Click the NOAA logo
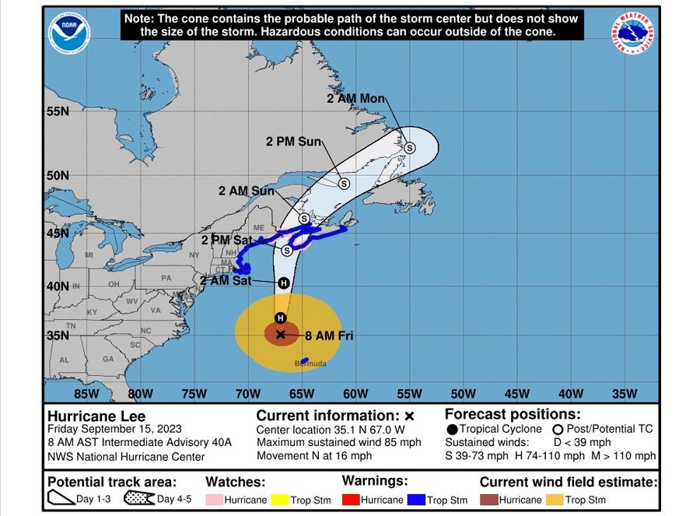coord(70,33)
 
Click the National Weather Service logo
coord(632,33)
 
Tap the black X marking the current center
coord(281,334)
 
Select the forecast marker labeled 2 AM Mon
coord(409,147)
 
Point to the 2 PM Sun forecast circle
coord(343,184)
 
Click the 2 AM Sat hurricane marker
coord(283,283)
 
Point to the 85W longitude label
coord(86,394)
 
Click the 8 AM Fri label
coord(330,336)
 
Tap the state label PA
coord(166,278)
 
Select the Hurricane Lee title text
coord(96,416)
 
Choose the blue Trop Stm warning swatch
coord(420,500)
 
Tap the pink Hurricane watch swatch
coord(215,500)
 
